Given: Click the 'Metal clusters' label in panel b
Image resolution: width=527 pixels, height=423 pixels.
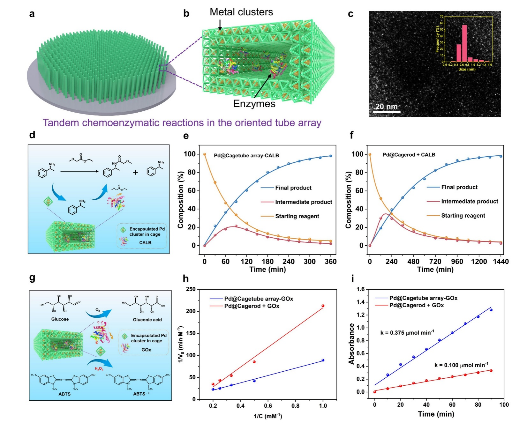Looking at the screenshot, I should (241, 12).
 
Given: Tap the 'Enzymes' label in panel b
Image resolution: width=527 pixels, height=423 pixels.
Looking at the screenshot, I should (254, 104).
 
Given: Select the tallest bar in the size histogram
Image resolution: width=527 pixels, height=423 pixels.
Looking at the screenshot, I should (464, 43).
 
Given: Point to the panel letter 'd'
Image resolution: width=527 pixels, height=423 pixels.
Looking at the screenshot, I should (32, 135).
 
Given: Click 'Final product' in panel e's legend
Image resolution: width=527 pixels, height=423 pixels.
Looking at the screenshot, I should (293, 188).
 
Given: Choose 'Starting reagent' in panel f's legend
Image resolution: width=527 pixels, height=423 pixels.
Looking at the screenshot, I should (463, 216).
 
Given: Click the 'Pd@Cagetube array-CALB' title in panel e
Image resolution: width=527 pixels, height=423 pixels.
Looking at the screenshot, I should (246, 156).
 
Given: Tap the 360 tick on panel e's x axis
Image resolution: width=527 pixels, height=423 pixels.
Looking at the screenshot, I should (330, 262).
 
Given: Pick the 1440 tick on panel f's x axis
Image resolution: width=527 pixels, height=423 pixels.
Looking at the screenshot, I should (501, 262).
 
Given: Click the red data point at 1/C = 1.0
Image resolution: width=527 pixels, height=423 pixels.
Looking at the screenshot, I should (323, 306).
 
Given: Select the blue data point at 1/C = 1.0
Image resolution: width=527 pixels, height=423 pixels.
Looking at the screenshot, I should (323, 360).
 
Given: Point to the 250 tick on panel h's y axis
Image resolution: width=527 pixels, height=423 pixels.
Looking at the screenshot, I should (191, 289).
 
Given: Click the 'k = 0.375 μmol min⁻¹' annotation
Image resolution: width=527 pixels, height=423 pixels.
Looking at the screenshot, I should (407, 333).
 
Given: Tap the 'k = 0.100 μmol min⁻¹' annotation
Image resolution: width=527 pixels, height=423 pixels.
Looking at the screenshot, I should (461, 365).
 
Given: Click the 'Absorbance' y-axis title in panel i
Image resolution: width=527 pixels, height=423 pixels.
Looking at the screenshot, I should (351, 344).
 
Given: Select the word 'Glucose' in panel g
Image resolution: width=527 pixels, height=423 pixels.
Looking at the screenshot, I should (60, 319).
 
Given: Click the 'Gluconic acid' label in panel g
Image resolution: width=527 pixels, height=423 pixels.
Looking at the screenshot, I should (147, 320).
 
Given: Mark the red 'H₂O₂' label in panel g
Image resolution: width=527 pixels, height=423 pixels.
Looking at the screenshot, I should (99, 369).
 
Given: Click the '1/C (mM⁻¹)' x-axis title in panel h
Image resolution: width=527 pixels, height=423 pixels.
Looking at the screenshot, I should (267, 416).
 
